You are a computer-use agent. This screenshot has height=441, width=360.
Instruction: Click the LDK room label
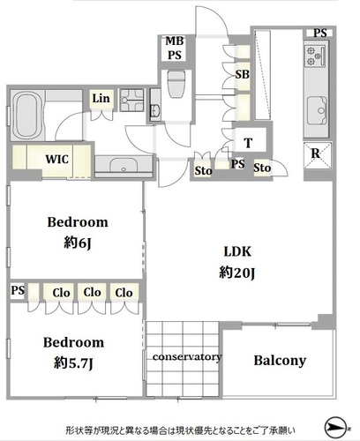coord(237,251)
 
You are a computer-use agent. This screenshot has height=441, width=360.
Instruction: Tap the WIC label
coord(57,159)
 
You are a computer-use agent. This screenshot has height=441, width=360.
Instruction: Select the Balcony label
coord(280,361)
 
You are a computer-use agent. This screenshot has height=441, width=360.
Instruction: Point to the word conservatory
coord(187,357)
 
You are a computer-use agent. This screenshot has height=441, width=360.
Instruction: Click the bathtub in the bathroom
coord(27,116)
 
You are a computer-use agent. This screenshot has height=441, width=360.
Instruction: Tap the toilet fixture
coord(176,84)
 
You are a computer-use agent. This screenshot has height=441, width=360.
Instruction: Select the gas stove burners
coord(315,56)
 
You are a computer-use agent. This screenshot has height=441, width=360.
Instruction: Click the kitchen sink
coord(317,110)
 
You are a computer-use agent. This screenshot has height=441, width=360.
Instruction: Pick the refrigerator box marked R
coord(318,155)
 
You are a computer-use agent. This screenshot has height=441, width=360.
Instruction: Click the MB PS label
coord(175,49)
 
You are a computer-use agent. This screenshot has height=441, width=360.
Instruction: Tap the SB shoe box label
coord(243,74)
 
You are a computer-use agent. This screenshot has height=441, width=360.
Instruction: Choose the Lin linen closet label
coord(101,99)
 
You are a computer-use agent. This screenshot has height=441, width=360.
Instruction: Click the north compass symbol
coord(335,428)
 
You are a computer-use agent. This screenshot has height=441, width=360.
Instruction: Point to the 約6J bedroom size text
coord(78,243)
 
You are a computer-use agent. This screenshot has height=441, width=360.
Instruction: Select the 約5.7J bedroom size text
coord(73,363)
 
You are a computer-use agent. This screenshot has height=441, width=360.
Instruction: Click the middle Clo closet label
coord(92,293)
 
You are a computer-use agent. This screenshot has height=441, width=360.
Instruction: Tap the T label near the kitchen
coord(249,143)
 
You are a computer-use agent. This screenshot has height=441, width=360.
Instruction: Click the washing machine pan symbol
coord(131,100)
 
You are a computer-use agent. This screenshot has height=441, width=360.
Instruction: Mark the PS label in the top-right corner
coord(319,33)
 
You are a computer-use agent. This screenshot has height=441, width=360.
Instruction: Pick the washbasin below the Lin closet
coord(124,166)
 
